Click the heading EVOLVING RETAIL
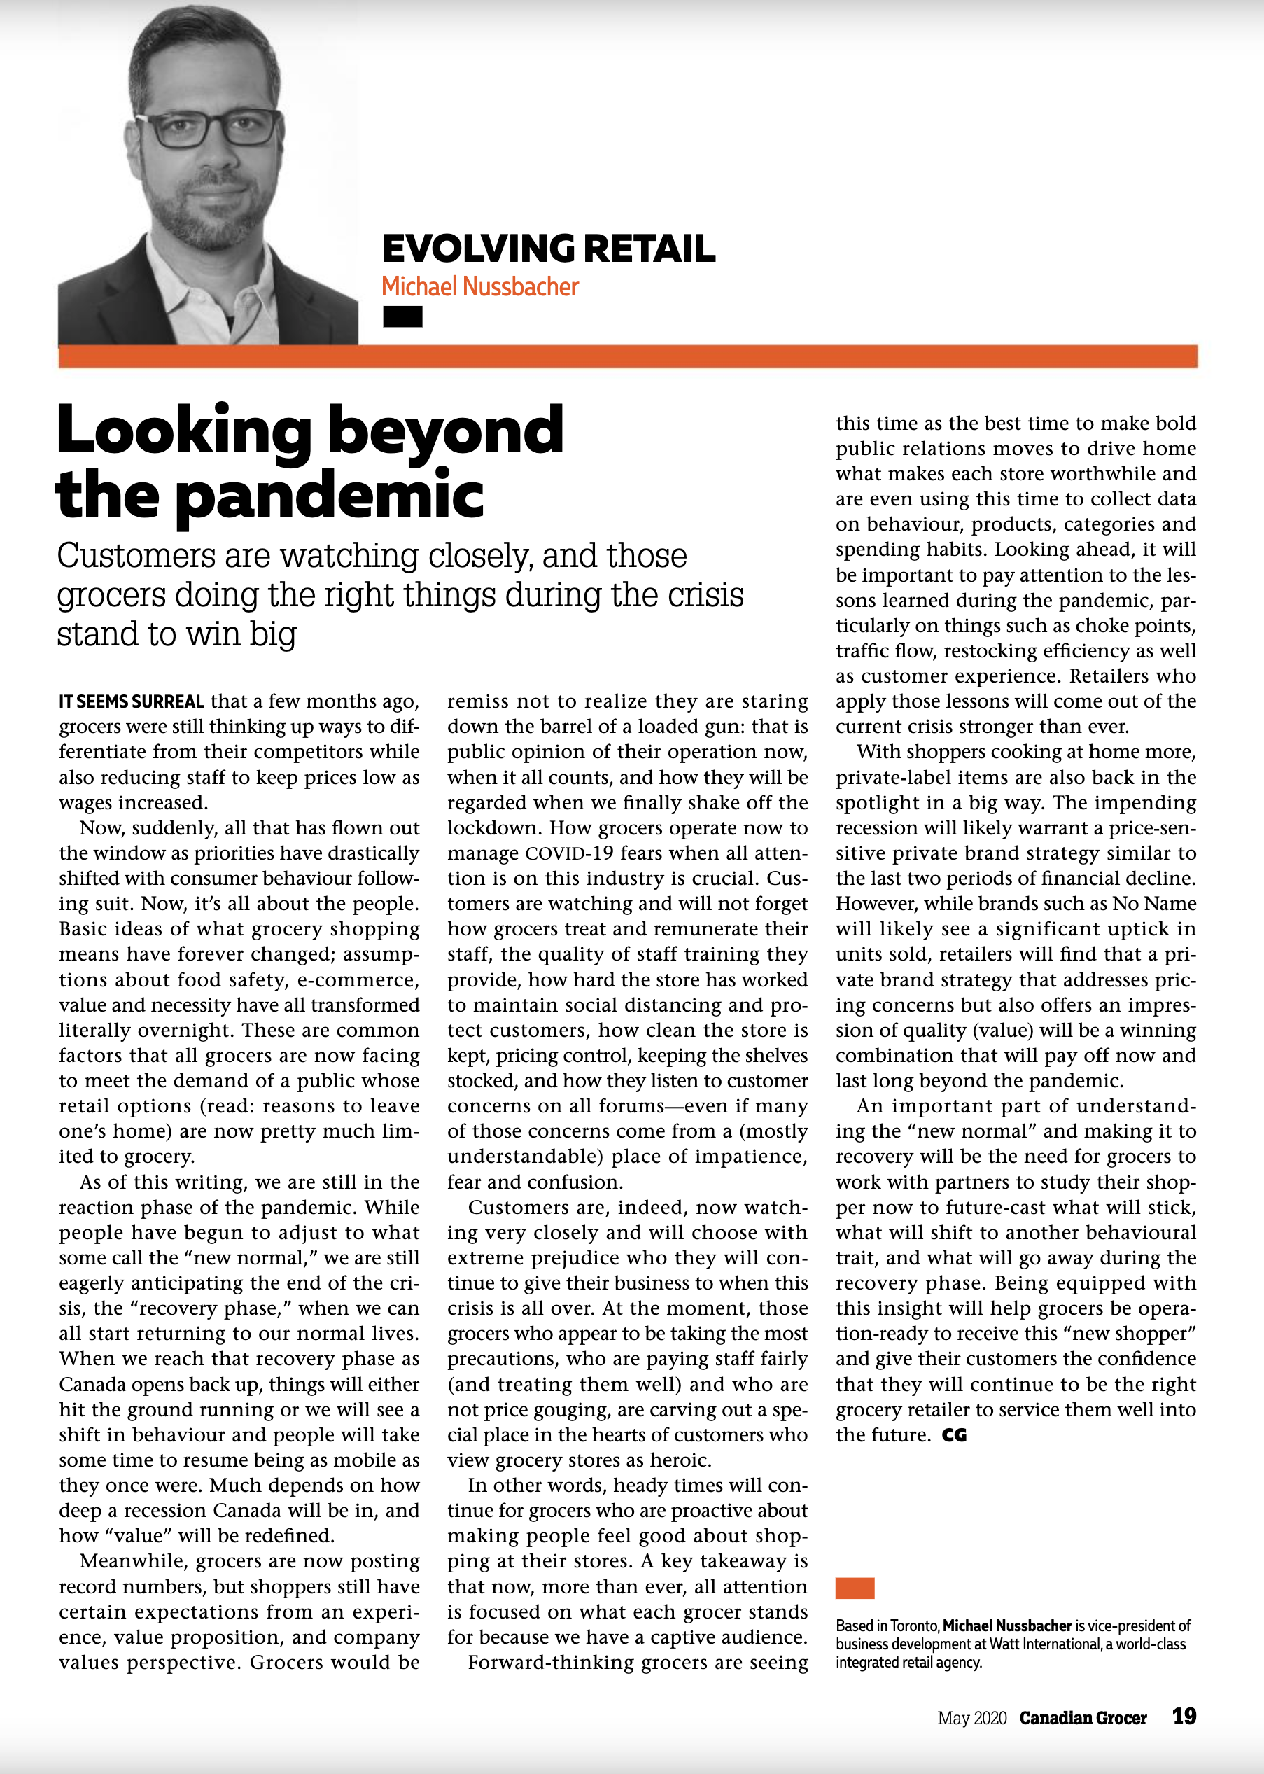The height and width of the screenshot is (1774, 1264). click(548, 249)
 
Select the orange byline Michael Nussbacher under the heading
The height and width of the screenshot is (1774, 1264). click(479, 287)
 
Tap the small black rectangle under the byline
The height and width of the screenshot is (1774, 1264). click(402, 317)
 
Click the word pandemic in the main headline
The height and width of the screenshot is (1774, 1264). click(330, 495)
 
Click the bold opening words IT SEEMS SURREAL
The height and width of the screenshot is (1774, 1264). click(132, 702)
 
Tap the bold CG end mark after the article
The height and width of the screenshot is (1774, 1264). click(953, 1435)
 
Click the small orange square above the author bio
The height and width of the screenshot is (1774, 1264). click(855, 1588)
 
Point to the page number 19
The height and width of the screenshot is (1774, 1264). click(1184, 1717)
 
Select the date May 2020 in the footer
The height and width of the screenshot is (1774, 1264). click(971, 1718)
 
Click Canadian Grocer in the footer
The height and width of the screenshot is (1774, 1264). click(1083, 1718)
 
